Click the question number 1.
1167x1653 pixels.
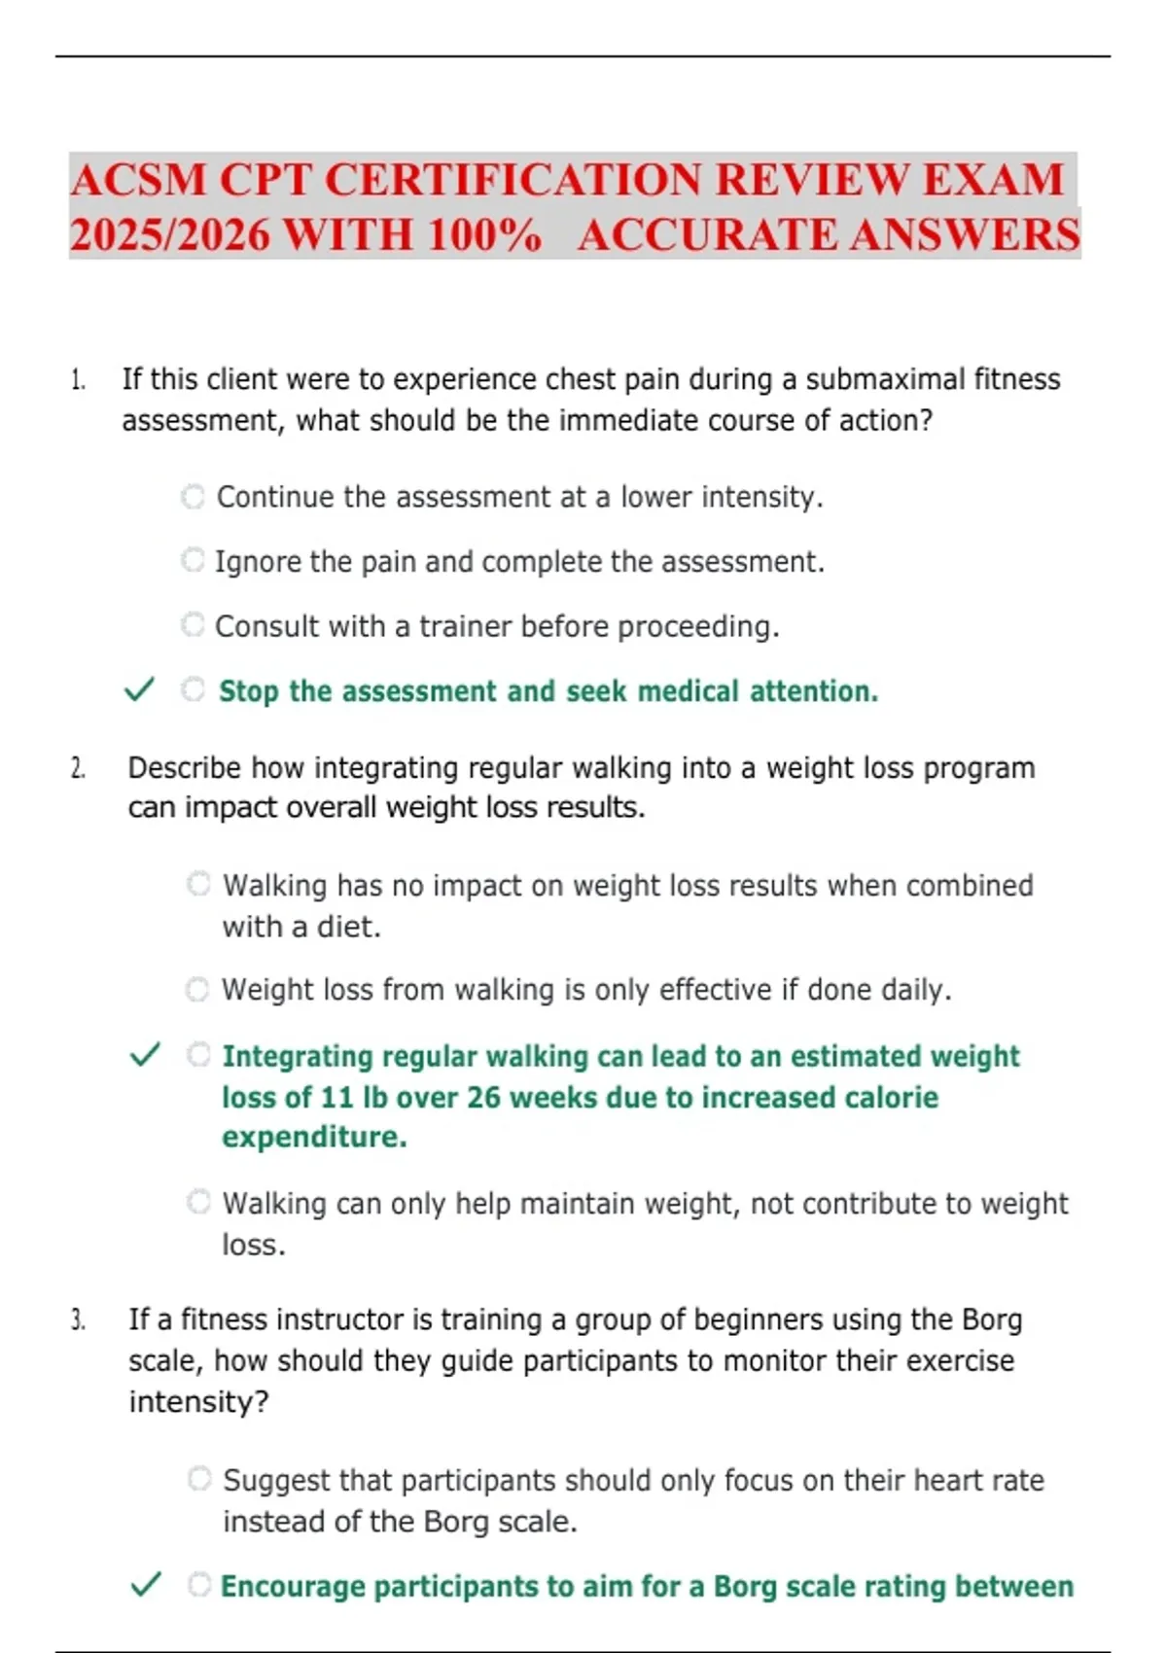coord(78,380)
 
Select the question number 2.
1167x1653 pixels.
coord(78,769)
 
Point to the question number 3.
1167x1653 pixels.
coord(78,1320)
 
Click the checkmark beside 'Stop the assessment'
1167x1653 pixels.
coord(139,690)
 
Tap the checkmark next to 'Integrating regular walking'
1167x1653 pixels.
coord(145,1055)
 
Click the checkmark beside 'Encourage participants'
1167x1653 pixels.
coord(145,1585)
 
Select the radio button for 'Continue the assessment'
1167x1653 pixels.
coord(194,497)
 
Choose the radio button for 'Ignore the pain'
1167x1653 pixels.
coord(194,560)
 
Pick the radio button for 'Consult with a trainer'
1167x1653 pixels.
coord(194,624)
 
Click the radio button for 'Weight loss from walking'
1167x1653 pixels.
coord(197,990)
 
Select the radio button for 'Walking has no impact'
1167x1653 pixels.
coord(198,884)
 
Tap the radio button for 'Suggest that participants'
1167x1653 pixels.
coord(199,1479)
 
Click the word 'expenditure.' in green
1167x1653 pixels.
coord(314,1138)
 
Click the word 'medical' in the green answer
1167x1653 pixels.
coord(688,691)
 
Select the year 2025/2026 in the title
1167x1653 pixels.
coord(169,235)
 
